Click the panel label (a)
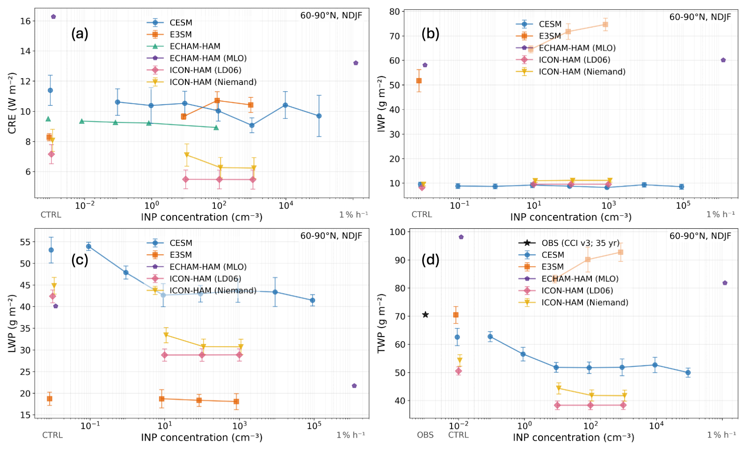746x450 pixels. click(80, 34)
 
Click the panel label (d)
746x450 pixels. click(430, 260)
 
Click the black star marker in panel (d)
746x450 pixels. click(425, 315)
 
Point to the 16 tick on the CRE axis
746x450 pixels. click(25, 21)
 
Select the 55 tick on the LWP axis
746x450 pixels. click(25, 242)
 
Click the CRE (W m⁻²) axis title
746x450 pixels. click(13, 103)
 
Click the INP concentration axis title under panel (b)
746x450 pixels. click(571, 217)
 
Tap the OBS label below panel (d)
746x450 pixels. click(425, 435)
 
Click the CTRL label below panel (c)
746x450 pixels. click(53, 435)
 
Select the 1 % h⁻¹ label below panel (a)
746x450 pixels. click(354, 215)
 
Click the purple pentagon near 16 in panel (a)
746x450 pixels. click(53, 17)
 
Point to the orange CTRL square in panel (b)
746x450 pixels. click(419, 80)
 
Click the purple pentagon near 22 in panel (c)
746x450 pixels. click(354, 386)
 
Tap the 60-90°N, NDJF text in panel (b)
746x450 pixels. click(700, 17)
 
